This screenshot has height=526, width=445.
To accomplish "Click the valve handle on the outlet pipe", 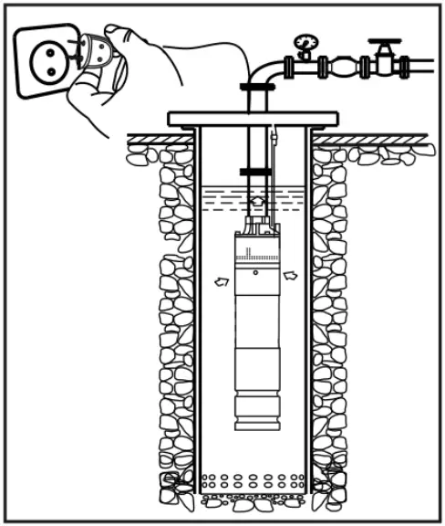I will click(x=382, y=43).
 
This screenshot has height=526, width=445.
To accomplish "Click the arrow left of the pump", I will click(x=221, y=282).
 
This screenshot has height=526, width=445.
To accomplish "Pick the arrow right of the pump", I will click(x=290, y=274).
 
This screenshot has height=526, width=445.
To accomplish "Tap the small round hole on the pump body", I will click(x=255, y=273).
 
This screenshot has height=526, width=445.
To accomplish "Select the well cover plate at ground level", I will click(x=253, y=119).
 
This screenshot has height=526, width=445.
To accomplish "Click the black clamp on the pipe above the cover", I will click(x=257, y=87).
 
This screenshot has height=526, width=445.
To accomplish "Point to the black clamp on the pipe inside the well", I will click(x=256, y=171).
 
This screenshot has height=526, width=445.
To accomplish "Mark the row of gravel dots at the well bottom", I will click(x=254, y=479).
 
